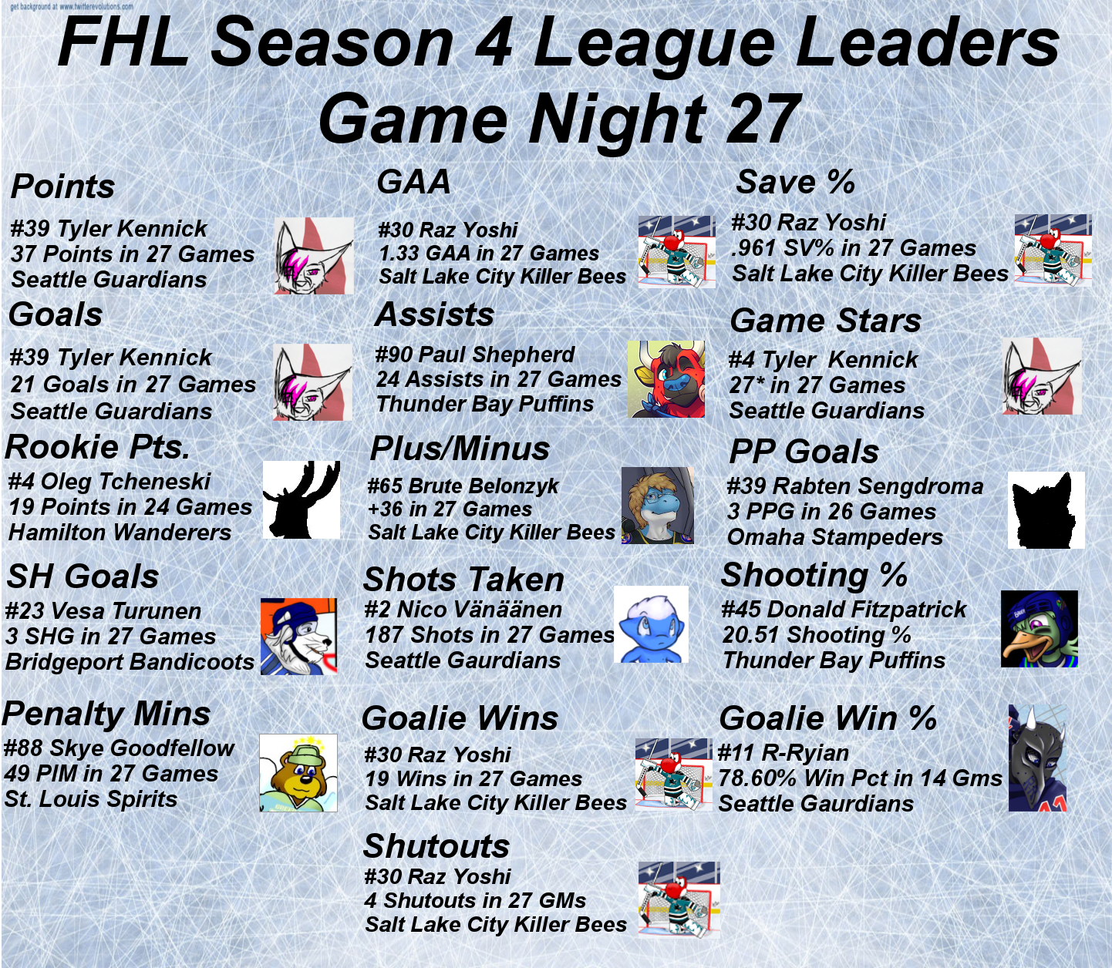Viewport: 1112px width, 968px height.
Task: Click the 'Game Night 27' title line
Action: (559, 119)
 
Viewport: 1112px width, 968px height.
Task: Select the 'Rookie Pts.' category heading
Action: (98, 447)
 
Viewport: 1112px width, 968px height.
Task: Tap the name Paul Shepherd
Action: (497, 355)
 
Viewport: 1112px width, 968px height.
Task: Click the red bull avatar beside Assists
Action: (666, 379)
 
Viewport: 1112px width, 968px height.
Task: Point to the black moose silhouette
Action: (302, 499)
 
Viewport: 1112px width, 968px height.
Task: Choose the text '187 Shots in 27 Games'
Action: (490, 634)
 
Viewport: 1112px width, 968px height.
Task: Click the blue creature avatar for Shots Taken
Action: (651, 624)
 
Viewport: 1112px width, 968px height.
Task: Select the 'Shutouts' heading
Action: (436, 845)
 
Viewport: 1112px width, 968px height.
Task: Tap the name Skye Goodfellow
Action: (142, 748)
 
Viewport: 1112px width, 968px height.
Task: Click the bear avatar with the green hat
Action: (298, 772)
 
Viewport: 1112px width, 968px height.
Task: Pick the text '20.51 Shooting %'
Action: (817, 635)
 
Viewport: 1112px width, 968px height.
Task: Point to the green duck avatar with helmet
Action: (1040, 628)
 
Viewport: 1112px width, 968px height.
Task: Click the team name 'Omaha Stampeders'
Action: (835, 536)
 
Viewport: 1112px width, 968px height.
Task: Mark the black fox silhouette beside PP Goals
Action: (1046, 510)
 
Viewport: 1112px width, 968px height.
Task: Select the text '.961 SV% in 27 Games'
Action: (854, 248)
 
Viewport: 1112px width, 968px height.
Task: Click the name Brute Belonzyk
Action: (484, 486)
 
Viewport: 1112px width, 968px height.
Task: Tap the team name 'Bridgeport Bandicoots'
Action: (130, 661)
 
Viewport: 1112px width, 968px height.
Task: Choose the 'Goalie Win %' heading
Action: (827, 718)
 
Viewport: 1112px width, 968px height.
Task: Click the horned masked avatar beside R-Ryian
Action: (1037, 758)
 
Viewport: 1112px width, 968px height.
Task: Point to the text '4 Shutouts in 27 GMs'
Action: (476, 900)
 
